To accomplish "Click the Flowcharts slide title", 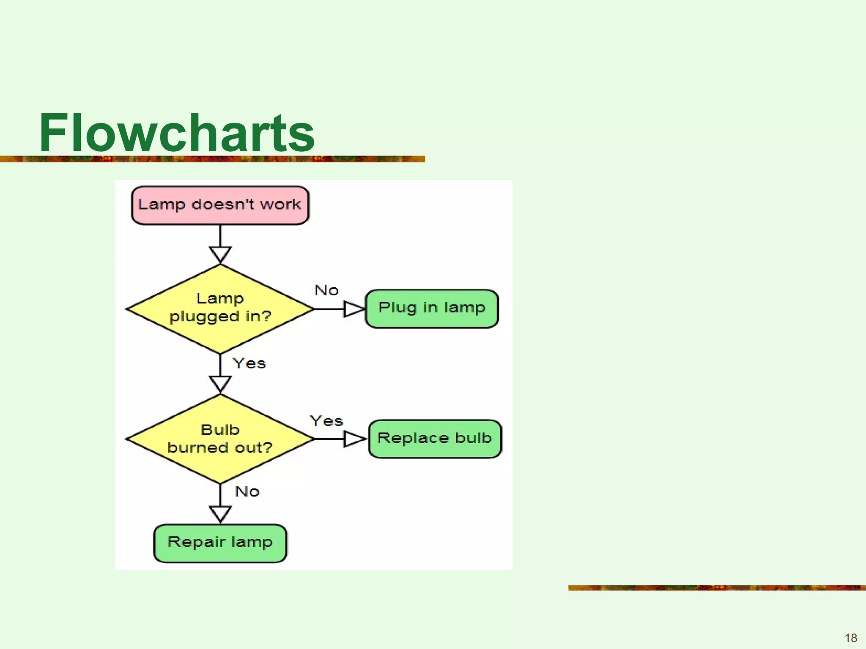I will tap(177, 133).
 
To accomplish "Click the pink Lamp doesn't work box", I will tap(220, 205).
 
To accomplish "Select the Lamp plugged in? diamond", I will tap(220, 308).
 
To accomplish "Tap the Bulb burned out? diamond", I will tap(220, 439).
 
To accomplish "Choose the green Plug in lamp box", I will tap(432, 308).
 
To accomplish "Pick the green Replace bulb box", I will tap(435, 439).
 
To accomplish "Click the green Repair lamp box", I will tap(220, 543).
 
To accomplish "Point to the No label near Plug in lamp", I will tap(326, 290).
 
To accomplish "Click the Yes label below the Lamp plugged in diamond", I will tap(249, 363).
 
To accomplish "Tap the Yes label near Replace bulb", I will tap(326, 421).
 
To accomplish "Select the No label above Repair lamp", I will tap(247, 491).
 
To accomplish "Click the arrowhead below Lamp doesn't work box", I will tap(220, 254).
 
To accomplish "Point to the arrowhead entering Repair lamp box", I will tap(220, 513).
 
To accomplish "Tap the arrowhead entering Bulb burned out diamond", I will tap(220, 384).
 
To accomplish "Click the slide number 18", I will tap(850, 638).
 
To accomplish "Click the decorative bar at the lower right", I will tap(716, 588).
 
